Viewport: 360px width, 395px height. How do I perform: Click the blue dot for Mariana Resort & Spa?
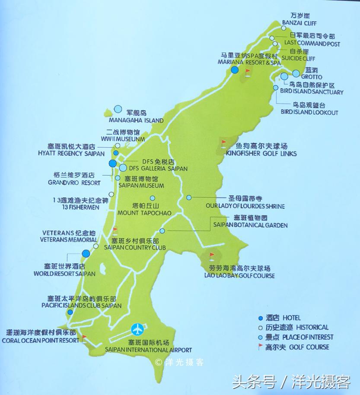(235, 70)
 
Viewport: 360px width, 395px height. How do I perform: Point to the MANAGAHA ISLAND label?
(136, 120)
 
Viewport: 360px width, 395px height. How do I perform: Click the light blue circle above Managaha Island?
(118, 110)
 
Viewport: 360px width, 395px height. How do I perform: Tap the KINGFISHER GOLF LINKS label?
(261, 154)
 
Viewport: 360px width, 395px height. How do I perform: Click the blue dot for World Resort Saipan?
(86, 253)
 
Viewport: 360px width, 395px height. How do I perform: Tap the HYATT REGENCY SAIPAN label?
(71, 154)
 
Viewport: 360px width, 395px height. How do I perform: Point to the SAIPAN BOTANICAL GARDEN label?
(250, 225)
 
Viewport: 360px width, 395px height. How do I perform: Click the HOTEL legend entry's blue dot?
(260, 318)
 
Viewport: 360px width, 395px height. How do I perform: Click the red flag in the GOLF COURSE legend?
(260, 346)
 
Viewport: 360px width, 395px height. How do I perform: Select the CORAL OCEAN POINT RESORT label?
(40, 340)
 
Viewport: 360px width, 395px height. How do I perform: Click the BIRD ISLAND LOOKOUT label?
(309, 113)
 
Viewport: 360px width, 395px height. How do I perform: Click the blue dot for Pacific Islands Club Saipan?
(70, 312)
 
